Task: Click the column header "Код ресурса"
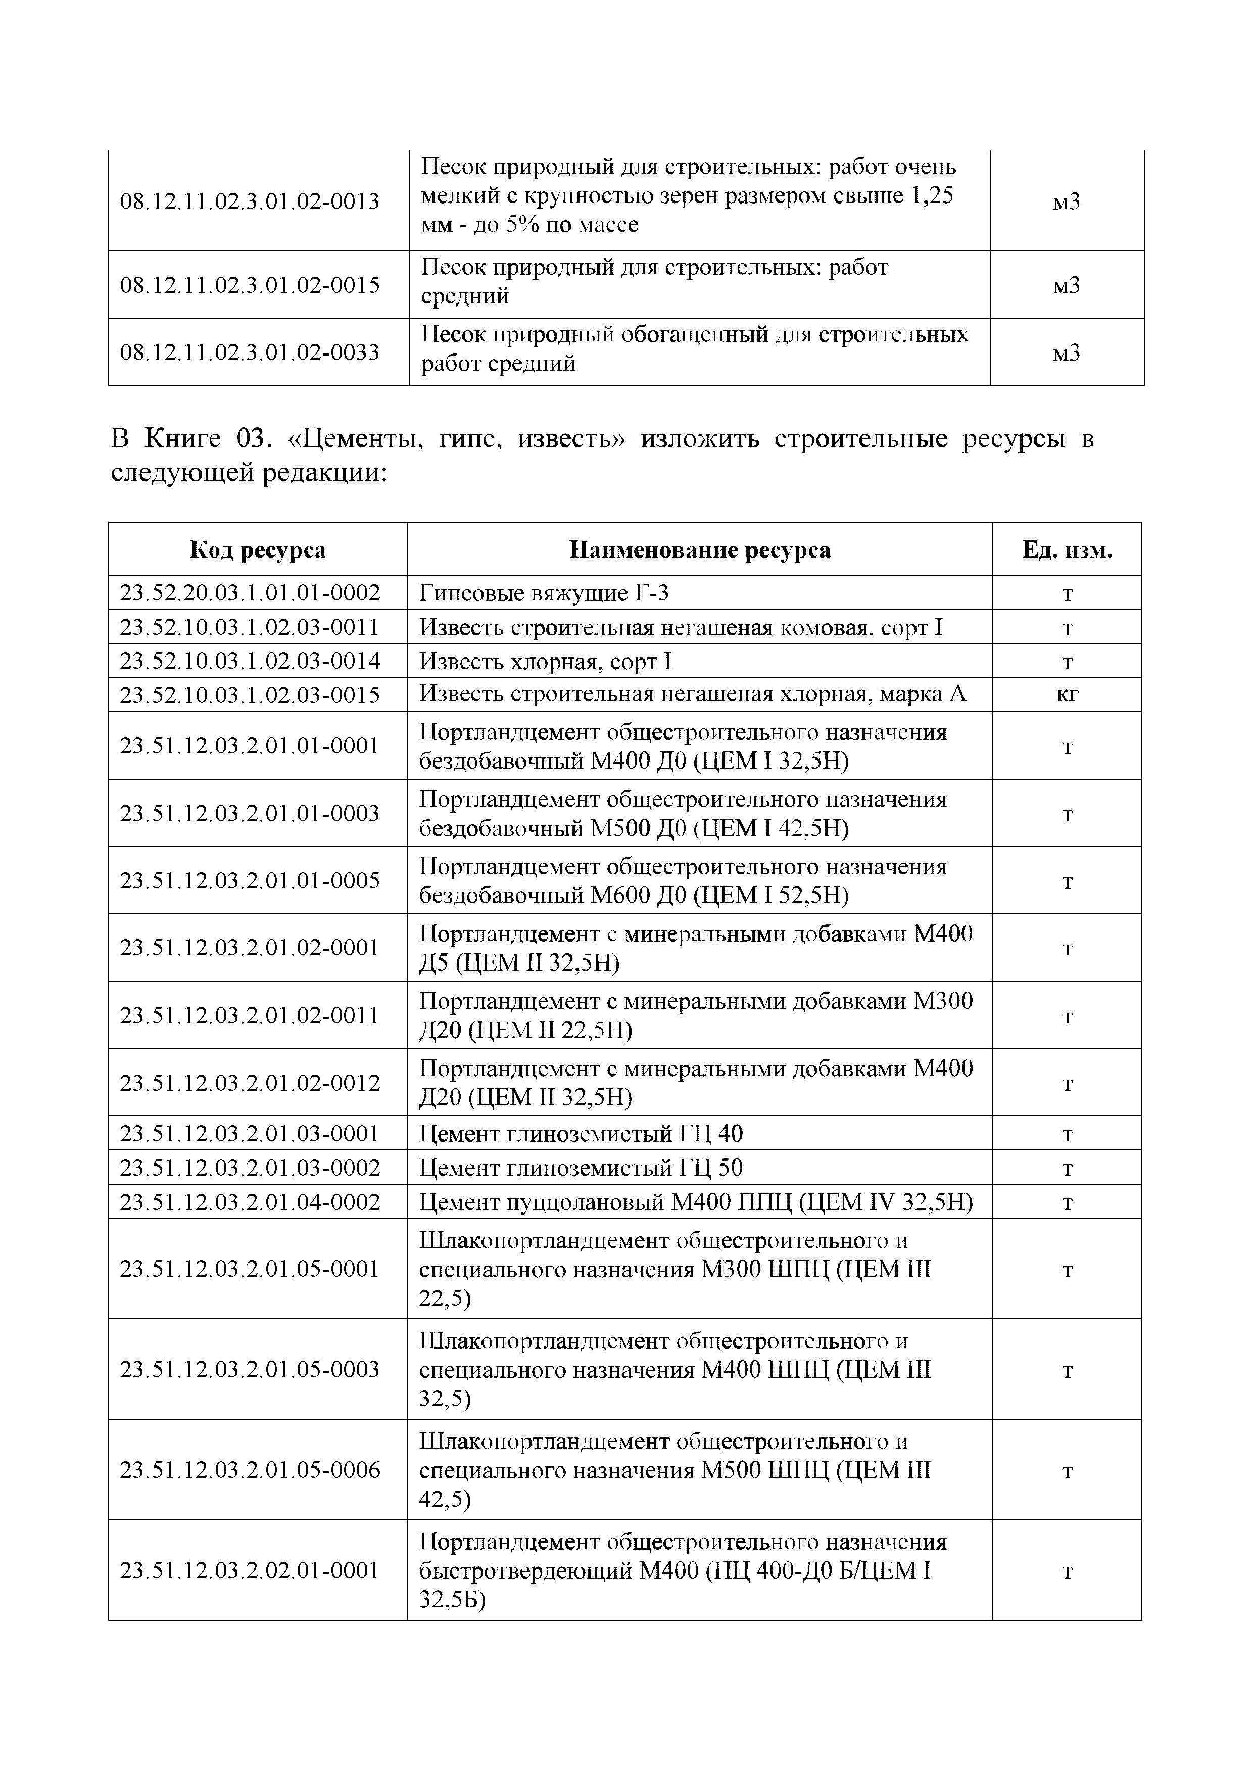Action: tap(258, 549)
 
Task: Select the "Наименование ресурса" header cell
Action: tap(699, 549)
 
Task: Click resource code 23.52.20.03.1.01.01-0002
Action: tap(250, 592)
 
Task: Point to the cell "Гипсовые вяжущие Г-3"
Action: tap(544, 592)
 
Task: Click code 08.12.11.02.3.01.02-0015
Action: tap(250, 285)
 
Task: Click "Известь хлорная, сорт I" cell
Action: tap(546, 661)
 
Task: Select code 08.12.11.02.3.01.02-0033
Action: tap(250, 352)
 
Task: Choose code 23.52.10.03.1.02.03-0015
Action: tap(250, 694)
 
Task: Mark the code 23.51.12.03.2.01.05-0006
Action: tap(250, 1470)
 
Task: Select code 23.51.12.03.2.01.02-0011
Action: tap(250, 1015)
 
